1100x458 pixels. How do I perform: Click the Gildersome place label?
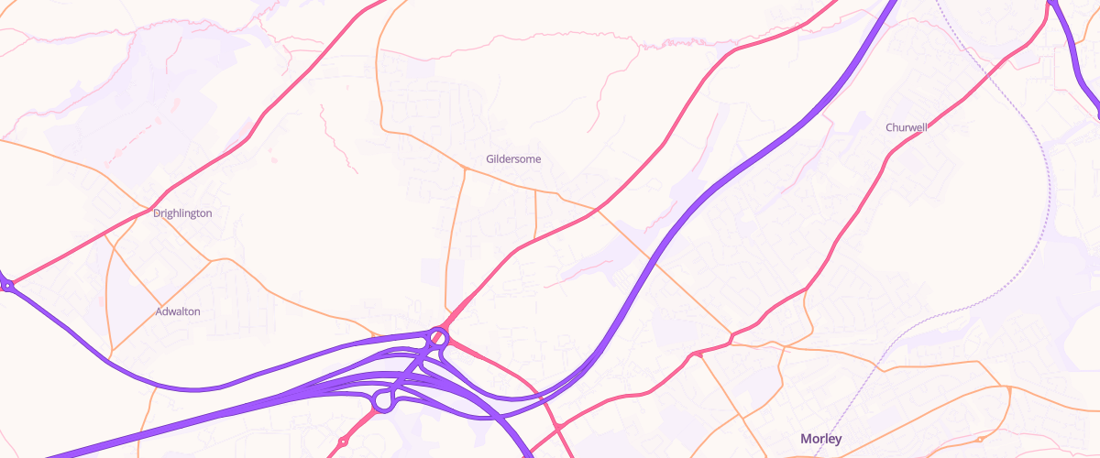513,158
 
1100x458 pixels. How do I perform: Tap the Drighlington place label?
182,213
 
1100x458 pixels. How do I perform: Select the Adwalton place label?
178,311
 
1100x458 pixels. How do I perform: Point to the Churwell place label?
907,127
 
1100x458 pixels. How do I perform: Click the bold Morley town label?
820,439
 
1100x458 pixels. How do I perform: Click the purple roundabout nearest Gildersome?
438,338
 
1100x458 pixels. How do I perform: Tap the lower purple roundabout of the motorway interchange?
383,400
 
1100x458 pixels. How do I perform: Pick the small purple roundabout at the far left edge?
7,286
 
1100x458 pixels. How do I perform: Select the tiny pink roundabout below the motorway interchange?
343,442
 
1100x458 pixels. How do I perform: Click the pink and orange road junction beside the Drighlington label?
149,210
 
